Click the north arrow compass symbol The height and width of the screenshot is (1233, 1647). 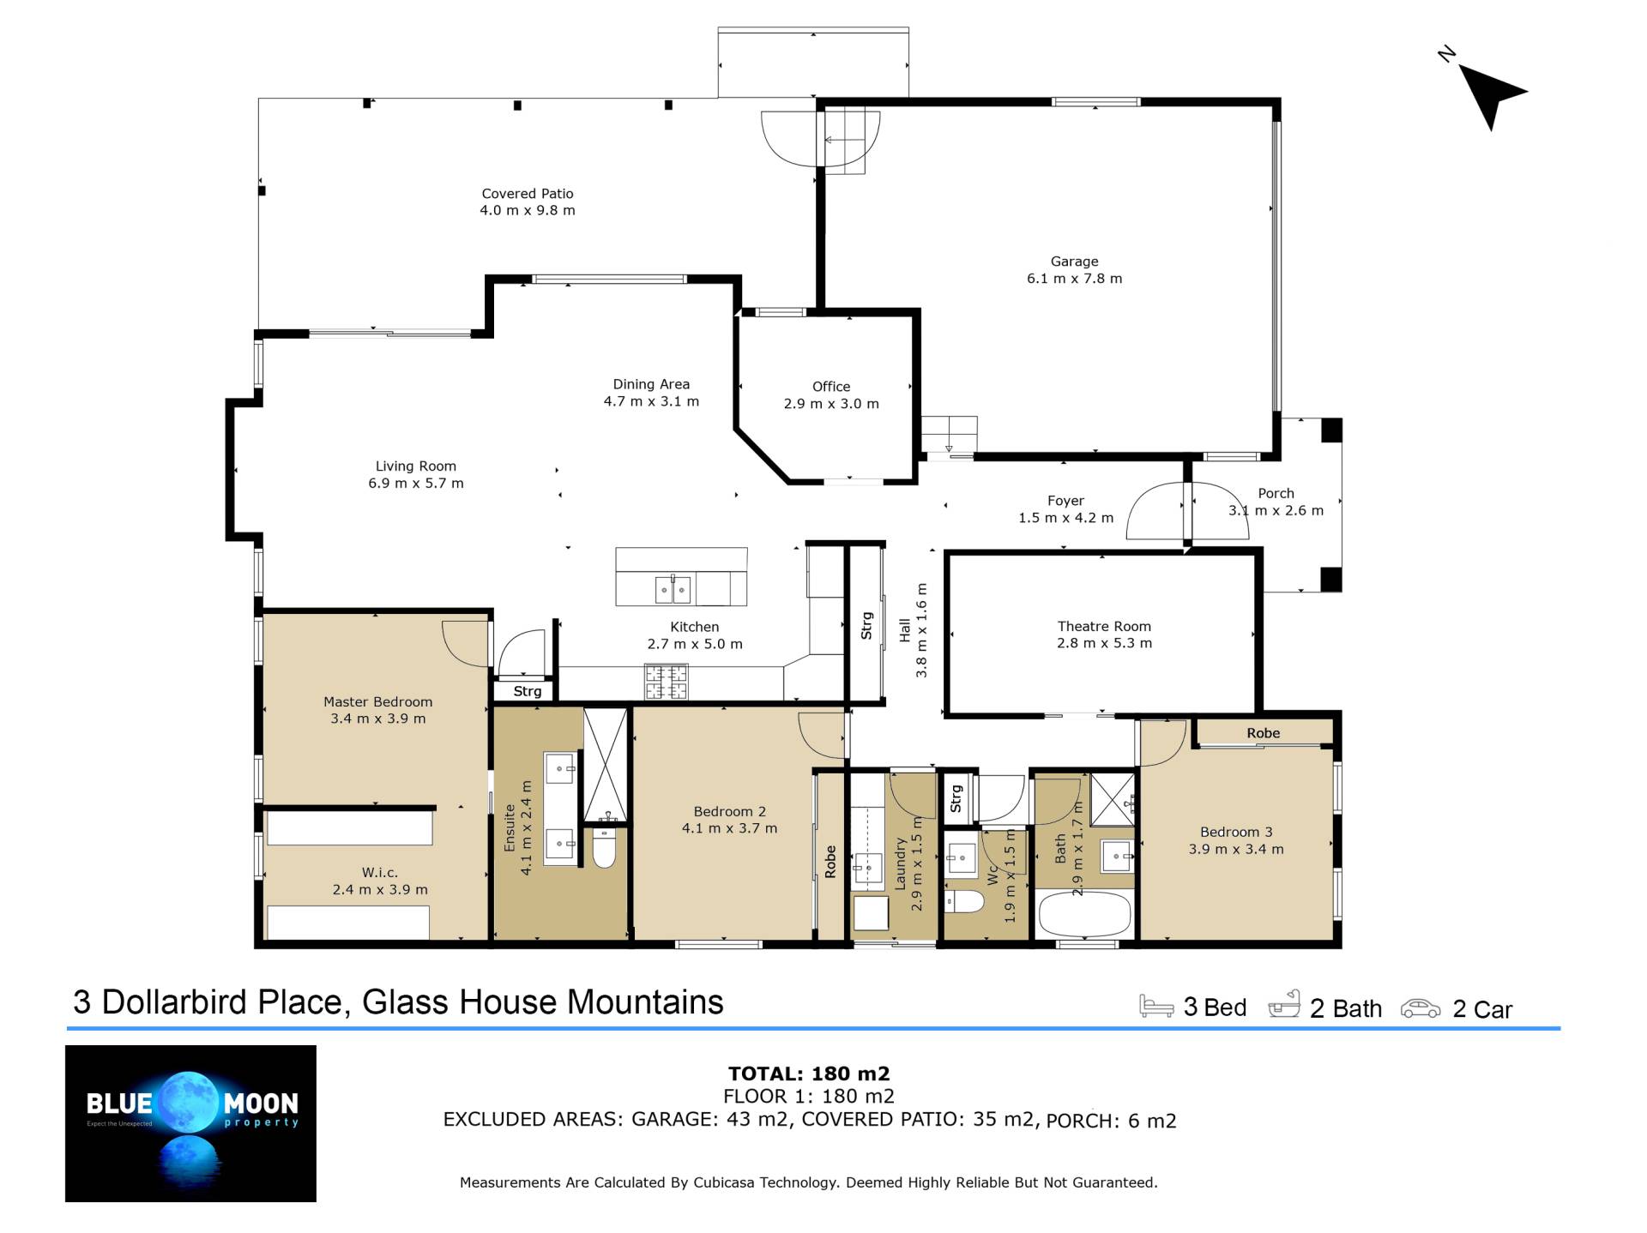click(x=1488, y=93)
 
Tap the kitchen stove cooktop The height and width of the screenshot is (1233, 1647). click(x=667, y=683)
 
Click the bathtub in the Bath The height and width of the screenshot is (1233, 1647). click(x=1084, y=915)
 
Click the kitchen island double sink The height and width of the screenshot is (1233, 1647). click(x=673, y=590)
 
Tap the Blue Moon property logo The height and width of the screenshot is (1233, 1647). click(x=190, y=1123)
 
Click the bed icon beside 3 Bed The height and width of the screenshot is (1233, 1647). click(x=1156, y=1006)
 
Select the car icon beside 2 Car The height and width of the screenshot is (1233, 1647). click(x=1421, y=1008)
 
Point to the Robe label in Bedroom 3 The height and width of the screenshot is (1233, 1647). click(x=1264, y=733)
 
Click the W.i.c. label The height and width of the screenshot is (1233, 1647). click(x=380, y=873)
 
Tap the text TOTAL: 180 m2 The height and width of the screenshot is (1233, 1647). click(x=809, y=1074)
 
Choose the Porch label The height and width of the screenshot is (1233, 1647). click(x=1276, y=494)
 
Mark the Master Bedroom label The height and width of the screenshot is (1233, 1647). click(x=378, y=702)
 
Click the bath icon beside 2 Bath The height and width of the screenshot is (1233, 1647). click(x=1284, y=1004)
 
